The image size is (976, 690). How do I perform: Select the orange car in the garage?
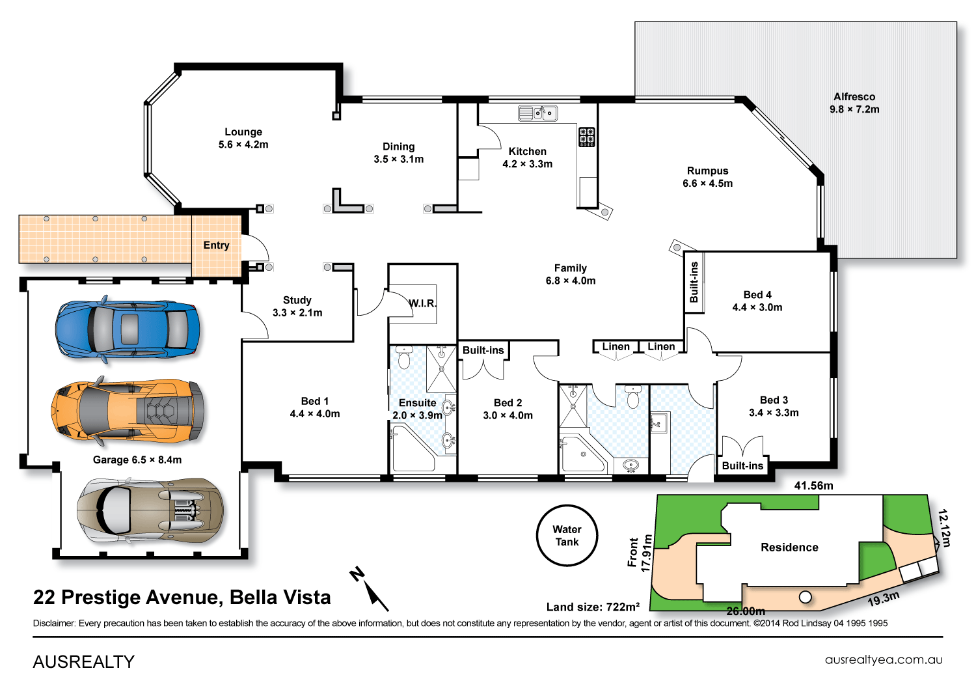tap(128, 410)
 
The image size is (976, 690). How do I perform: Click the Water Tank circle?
tap(567, 536)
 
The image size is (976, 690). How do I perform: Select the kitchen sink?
tap(537, 113)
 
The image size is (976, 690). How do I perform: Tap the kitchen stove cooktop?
tap(586, 137)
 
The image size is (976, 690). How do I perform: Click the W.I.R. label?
tap(422, 303)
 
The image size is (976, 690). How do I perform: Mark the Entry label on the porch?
tap(216, 245)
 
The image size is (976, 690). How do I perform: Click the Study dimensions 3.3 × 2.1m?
tap(297, 313)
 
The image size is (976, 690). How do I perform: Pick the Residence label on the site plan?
tap(789, 547)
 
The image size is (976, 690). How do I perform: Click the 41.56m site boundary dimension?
tap(813, 486)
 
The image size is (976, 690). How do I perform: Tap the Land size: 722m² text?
tap(593, 607)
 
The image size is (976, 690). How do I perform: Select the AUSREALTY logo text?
tap(83, 662)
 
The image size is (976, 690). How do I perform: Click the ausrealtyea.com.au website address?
tap(884, 660)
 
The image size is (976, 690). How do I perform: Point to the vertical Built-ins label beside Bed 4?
tap(694, 282)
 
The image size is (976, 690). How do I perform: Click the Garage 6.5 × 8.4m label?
tap(137, 460)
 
